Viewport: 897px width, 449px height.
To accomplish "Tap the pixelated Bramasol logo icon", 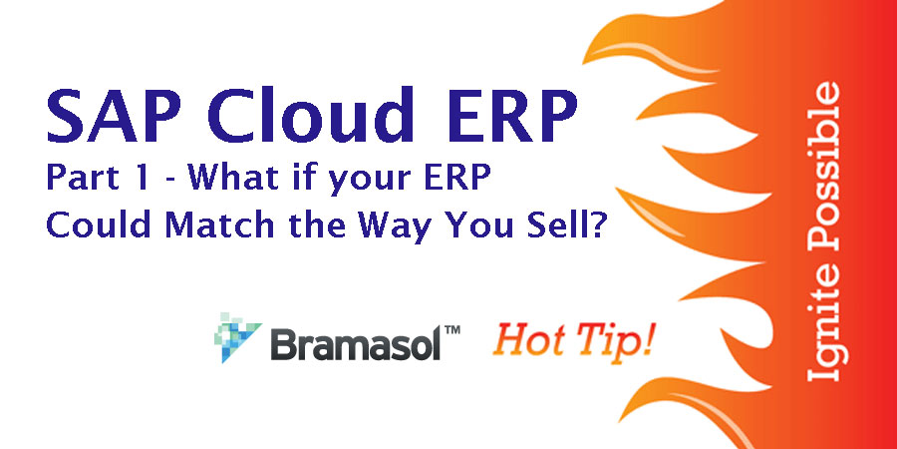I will click(x=239, y=337).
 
